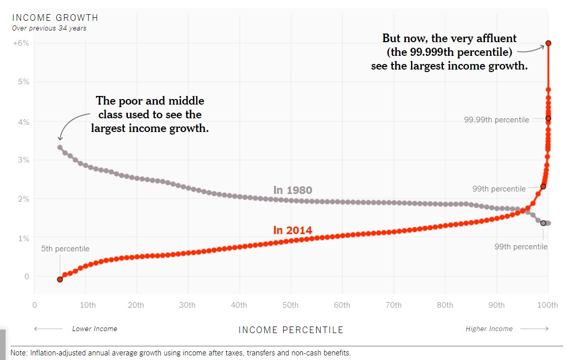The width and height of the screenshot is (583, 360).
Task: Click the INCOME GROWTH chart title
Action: coord(55,18)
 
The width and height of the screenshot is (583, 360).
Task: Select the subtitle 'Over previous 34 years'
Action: coord(49,28)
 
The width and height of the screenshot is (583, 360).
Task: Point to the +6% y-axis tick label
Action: coord(21,43)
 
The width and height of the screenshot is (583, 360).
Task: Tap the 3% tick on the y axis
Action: coord(24,160)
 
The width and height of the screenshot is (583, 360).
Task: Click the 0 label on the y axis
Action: coord(27,277)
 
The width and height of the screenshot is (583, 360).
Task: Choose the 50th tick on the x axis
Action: coord(290,305)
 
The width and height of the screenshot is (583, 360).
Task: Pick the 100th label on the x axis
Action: coord(547,305)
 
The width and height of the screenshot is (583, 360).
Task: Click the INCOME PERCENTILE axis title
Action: coord(291,330)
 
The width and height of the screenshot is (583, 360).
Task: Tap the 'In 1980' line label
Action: coord(293,190)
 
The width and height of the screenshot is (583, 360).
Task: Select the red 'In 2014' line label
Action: coord(293,230)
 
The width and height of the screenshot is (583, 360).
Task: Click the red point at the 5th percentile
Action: coord(60,279)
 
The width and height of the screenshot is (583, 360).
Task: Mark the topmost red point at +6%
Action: coord(548,43)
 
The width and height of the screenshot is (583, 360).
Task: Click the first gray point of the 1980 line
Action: coord(60,147)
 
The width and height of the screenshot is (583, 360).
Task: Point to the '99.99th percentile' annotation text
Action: coord(496,120)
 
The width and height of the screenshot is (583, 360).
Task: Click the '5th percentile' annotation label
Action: coord(65,249)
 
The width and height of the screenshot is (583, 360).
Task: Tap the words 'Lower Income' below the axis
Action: coord(94,329)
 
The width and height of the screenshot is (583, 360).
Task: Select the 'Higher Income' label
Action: coord(489,329)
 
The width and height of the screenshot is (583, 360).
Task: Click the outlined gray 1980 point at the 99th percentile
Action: coord(543,223)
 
